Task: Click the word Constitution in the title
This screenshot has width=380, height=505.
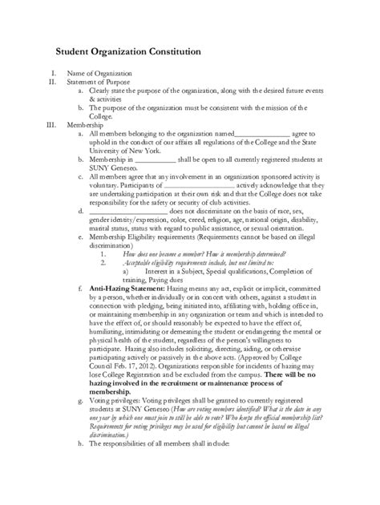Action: point(185,51)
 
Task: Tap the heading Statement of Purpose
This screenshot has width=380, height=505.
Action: point(99,82)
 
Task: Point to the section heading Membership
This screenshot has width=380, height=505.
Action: point(84,125)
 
